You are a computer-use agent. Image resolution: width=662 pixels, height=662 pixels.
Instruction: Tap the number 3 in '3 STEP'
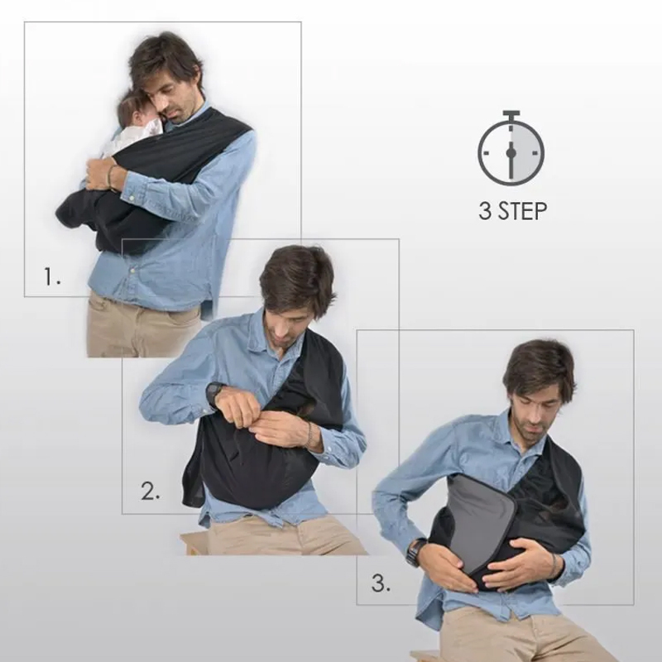click(x=486, y=211)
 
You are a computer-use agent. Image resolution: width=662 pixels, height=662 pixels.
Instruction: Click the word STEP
click(x=523, y=211)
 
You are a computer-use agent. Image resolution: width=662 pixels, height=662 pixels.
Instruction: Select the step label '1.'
click(x=52, y=276)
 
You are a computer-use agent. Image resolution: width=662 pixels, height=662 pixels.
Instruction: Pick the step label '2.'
click(x=151, y=491)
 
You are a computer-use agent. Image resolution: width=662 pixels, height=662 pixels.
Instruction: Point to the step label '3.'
click(x=381, y=583)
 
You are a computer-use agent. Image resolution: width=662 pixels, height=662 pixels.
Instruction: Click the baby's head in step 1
click(x=135, y=111)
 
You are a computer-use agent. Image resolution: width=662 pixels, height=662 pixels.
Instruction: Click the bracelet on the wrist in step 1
click(x=111, y=176)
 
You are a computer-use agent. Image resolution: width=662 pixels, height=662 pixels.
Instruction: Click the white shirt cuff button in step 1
click(x=132, y=197)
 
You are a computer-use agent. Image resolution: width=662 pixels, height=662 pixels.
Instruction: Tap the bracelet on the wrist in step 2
click(x=309, y=435)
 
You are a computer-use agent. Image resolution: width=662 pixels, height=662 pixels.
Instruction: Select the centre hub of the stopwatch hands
click(x=511, y=152)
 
